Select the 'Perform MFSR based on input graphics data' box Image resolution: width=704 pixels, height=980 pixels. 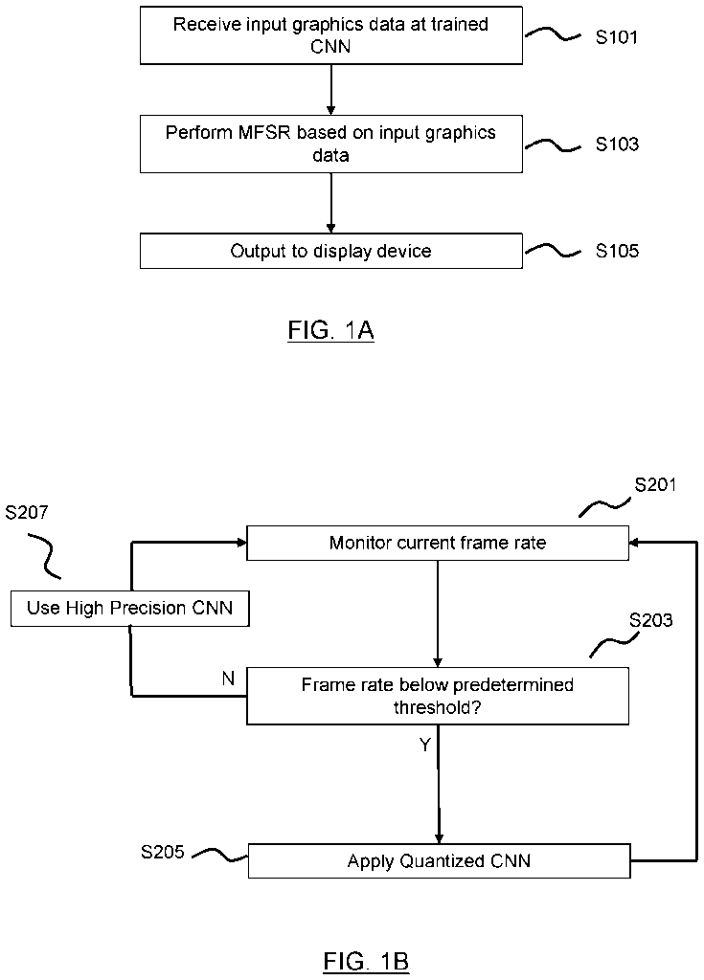click(x=331, y=144)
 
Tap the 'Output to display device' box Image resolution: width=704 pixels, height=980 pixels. click(x=331, y=251)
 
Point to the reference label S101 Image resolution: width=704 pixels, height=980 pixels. click(x=617, y=38)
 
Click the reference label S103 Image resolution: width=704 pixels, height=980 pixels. click(x=617, y=145)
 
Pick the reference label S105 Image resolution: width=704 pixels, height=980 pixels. click(x=617, y=252)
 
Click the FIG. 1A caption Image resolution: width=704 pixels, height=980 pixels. click(x=330, y=331)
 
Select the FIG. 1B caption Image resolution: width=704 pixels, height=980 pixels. click(x=366, y=961)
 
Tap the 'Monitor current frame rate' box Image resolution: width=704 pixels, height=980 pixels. click(x=438, y=543)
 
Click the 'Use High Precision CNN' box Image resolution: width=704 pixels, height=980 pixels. click(x=129, y=608)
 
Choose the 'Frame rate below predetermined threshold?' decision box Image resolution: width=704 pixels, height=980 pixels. click(x=438, y=696)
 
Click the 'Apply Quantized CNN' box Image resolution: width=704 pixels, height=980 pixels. click(x=439, y=860)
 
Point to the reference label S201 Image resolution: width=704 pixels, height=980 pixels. click(x=656, y=484)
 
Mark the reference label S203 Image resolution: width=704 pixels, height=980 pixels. click(x=651, y=620)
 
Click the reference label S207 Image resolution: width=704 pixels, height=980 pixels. click(x=28, y=513)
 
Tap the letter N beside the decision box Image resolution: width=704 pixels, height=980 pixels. click(x=228, y=679)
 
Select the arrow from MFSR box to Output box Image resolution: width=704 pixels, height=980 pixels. click(x=330, y=202)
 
